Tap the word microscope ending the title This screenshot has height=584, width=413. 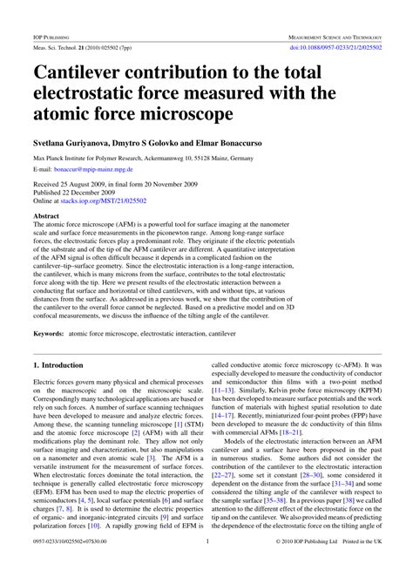coord(183,114)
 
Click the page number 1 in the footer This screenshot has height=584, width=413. coord(206,565)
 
